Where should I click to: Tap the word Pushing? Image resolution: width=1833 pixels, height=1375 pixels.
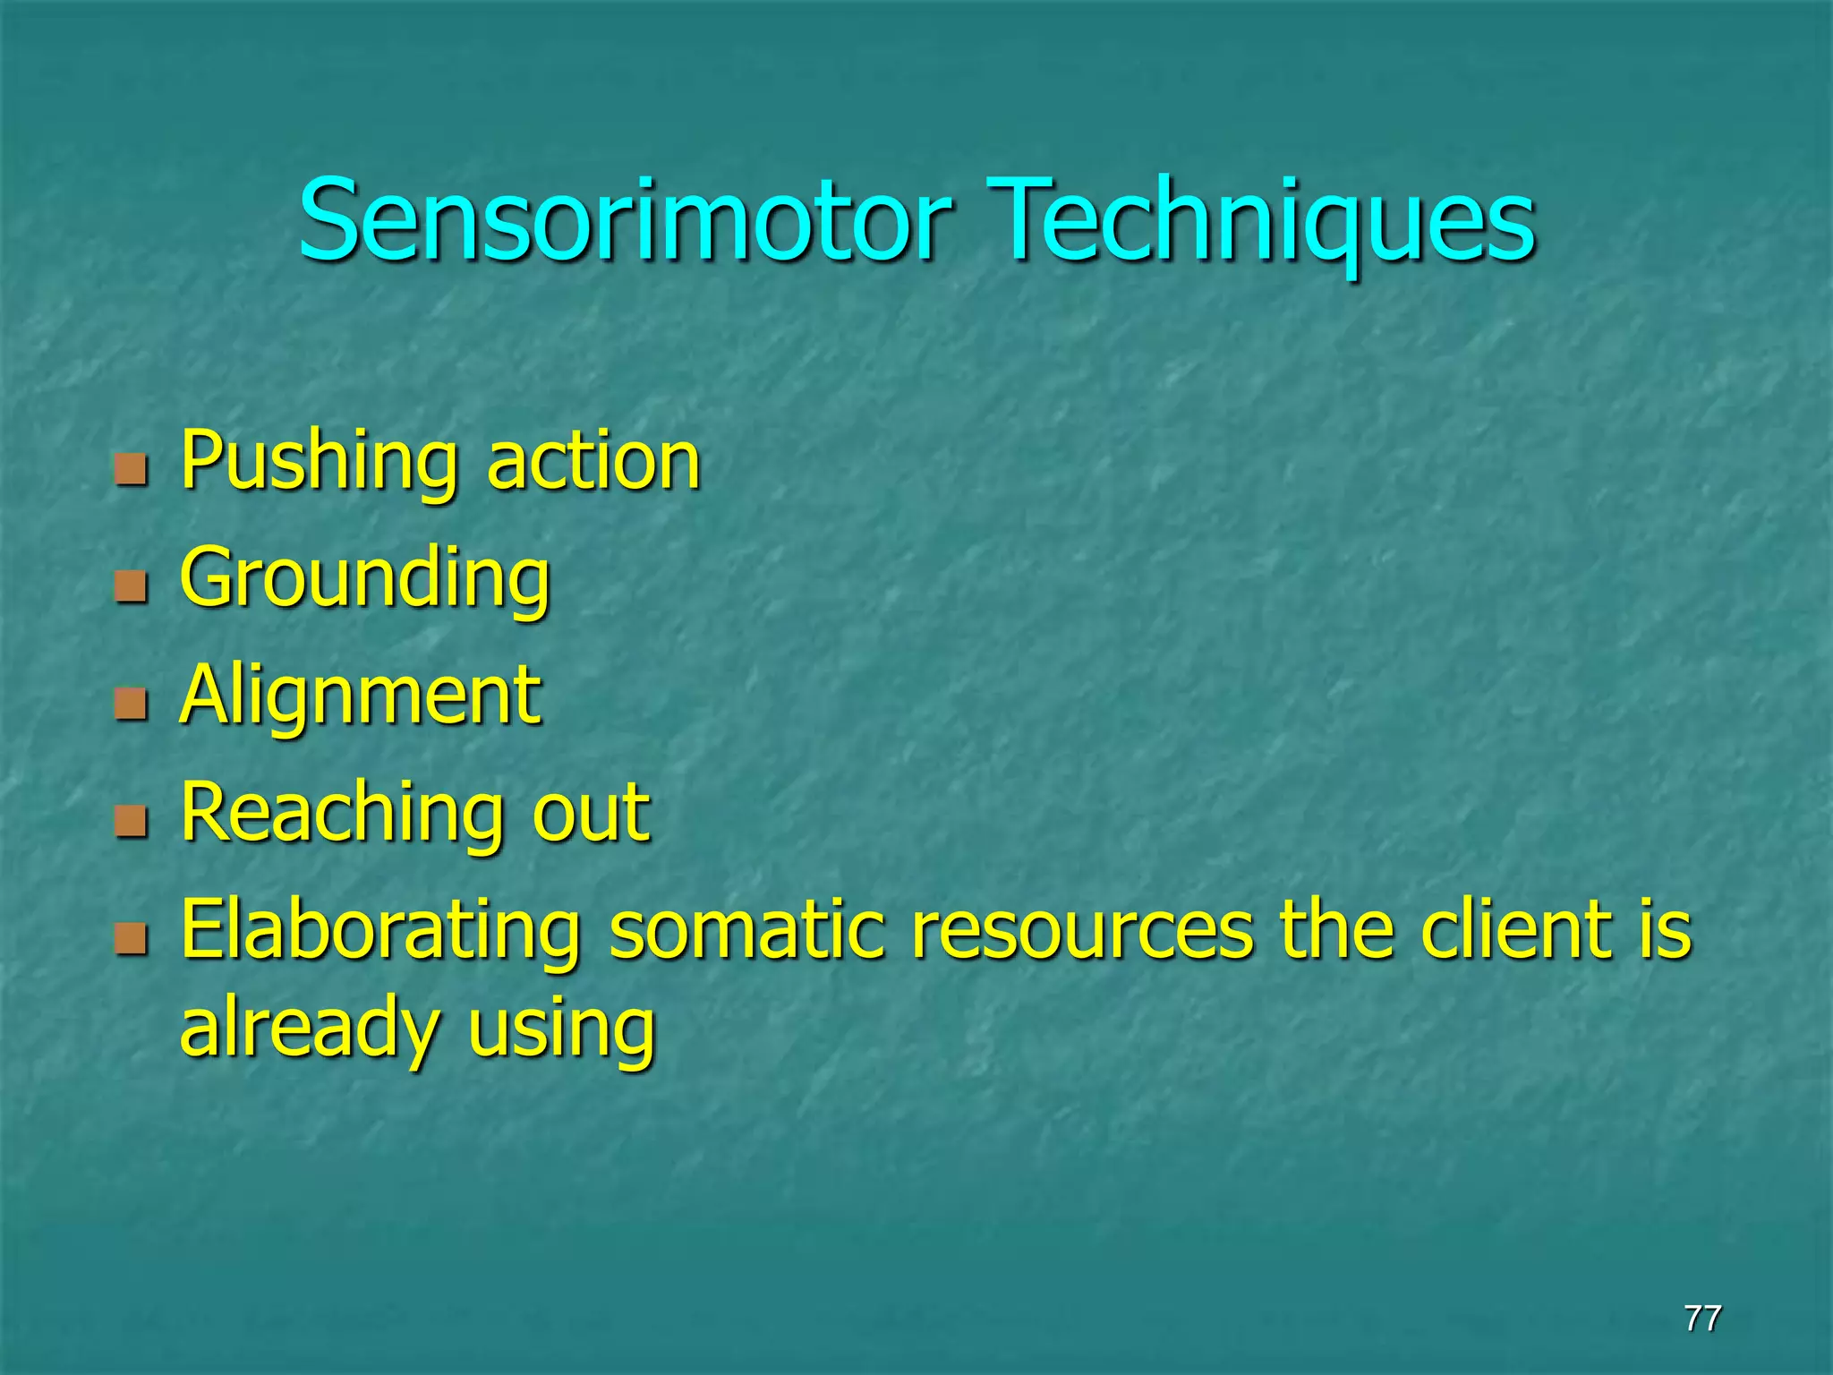319,462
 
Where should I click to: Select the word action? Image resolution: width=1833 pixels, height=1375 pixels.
593,462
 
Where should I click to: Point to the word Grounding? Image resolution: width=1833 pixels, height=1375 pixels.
364,580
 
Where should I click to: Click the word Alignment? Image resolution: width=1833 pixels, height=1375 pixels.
360,696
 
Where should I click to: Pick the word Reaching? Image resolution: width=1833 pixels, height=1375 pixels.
341,813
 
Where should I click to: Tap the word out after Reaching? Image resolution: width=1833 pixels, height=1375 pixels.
591,813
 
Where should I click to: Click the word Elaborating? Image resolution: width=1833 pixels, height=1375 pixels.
379,931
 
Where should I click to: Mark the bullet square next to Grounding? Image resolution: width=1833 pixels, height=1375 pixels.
131,587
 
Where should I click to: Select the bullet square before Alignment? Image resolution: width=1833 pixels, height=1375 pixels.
131,705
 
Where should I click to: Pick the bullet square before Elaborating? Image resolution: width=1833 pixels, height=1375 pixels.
131,939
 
